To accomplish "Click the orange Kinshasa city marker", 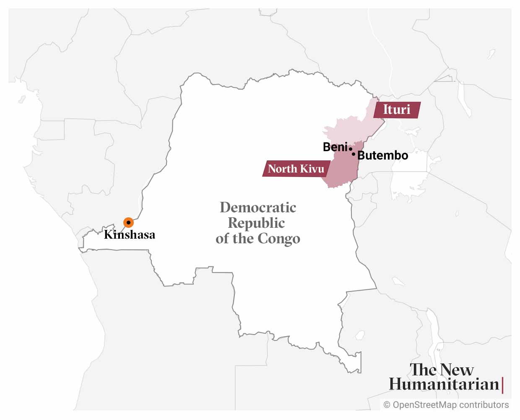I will [x=128, y=223].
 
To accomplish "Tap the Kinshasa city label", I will [x=130, y=234].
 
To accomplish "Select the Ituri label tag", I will [x=397, y=110].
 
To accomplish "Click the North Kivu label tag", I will [x=296, y=169].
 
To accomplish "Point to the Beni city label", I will [x=335, y=147].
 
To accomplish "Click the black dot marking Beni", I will [x=350, y=149].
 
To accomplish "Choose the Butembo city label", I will [x=382, y=155].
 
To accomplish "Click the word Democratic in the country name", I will [x=258, y=207].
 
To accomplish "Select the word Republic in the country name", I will [x=256, y=223].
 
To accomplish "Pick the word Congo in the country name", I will [x=278, y=239].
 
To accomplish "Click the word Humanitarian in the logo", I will [x=444, y=384].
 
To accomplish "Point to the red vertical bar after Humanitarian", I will [x=502, y=385].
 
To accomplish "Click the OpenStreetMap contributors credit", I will [x=451, y=405].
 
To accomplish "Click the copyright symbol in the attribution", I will [x=387, y=405].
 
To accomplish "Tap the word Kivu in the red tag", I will [x=313, y=169].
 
